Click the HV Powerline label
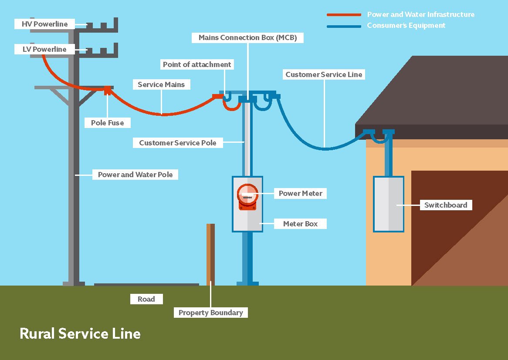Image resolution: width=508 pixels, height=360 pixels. click(45, 24)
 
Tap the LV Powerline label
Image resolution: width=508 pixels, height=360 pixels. click(44, 50)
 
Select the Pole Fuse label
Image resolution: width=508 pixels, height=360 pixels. click(107, 123)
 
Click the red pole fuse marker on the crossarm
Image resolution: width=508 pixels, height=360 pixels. click(107, 90)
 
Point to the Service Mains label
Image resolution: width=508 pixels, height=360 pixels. click(161, 84)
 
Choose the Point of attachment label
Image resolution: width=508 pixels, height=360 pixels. click(197, 64)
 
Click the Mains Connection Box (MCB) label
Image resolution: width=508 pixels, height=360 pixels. click(247, 38)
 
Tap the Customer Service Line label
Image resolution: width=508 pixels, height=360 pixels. click(324, 74)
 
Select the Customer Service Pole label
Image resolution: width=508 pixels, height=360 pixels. click(177, 143)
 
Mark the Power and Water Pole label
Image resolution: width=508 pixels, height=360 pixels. click(135, 175)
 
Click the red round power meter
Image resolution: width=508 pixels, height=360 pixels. click(247, 197)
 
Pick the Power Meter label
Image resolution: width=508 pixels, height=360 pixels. click(300, 193)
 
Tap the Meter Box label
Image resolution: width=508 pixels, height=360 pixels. click(300, 224)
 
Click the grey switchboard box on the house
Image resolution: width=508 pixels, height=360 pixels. click(389, 204)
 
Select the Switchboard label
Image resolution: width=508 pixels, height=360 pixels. click(445, 205)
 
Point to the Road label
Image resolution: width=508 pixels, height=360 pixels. click(146, 299)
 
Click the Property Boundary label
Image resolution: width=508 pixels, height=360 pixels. click(210, 313)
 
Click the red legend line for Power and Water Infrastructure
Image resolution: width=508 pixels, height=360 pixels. click(344, 15)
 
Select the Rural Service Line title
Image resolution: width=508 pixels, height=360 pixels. click(80, 334)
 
